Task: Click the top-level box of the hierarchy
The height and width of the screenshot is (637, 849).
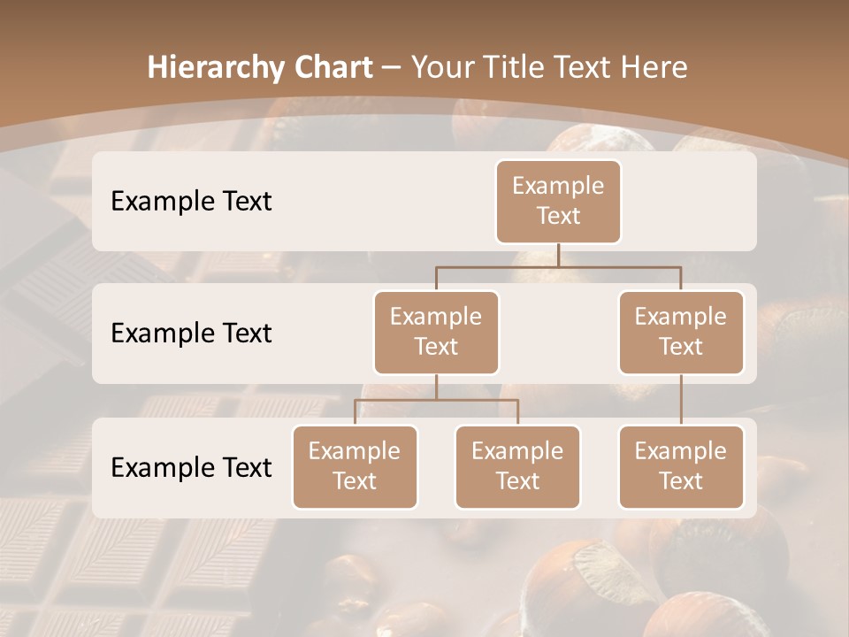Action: [558, 201]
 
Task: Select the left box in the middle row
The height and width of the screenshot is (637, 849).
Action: [436, 332]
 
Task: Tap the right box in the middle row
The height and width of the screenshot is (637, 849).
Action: [681, 332]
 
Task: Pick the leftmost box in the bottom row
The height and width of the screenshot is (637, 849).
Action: [355, 466]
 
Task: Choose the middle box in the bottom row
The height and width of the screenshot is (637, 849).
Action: [517, 466]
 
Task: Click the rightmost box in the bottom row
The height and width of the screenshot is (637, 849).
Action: [681, 466]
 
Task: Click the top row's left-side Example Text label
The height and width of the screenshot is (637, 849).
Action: [191, 201]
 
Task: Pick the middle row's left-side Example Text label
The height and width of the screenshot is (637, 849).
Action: [191, 333]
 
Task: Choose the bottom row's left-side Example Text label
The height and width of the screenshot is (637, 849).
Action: [191, 467]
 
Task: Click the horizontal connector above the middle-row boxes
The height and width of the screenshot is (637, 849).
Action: [558, 265]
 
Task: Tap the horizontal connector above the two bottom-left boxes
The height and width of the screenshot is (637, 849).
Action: [436, 400]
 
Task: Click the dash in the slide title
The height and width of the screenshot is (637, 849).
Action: [392, 68]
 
